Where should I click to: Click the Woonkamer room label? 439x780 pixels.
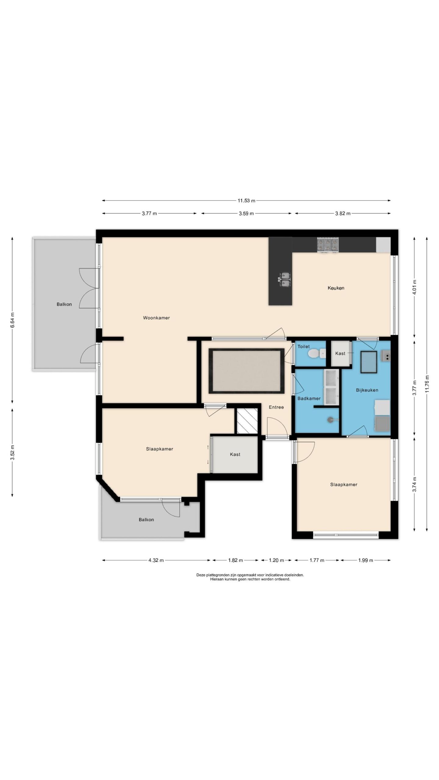coord(156,318)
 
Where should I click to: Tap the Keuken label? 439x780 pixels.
coord(336,288)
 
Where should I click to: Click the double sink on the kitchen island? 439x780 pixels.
coord(285,279)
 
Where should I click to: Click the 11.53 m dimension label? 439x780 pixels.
coord(246,200)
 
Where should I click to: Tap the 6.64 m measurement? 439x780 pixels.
coord(12,320)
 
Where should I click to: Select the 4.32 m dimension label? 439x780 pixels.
coord(156,560)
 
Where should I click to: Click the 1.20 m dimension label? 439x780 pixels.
coord(276,560)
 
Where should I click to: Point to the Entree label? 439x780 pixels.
coord(276,407)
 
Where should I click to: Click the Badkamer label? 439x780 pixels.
coord(309,398)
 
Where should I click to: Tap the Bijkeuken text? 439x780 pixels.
coord(367,390)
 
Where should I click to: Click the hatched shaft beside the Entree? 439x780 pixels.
coord(247,420)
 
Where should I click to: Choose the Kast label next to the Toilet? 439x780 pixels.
coord(340,353)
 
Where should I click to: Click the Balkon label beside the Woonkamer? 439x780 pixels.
coord(64,304)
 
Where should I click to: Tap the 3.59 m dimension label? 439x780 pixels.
coord(246,213)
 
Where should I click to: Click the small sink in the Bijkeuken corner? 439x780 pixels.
coord(386,355)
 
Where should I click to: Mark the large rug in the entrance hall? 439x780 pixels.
coord(246,371)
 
